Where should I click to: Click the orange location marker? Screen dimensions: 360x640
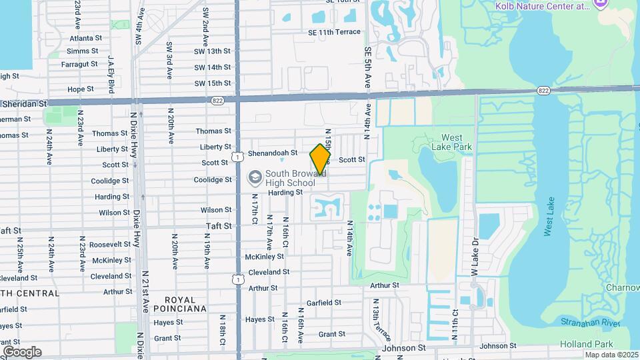pyautogui.click(x=320, y=159)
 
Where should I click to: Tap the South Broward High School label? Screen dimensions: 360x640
pyautogui.click(x=290, y=178)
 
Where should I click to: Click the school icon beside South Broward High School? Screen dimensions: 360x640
pyautogui.click(x=254, y=177)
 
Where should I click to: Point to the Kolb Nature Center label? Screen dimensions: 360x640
pyautogui.click(x=542, y=5)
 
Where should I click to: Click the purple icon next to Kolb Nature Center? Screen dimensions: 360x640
pyautogui.click(x=601, y=5)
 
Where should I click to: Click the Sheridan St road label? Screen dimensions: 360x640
pyautogui.click(x=25, y=104)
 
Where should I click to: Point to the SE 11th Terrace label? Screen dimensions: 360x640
pyautogui.click(x=334, y=32)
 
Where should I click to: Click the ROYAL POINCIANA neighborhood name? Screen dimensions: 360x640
pyautogui.click(x=180, y=304)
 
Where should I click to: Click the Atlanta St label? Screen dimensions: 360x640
pyautogui.click(x=85, y=39)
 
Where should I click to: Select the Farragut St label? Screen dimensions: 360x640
pyautogui.click(x=79, y=65)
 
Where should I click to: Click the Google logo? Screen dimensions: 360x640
pyautogui.click(x=22, y=351)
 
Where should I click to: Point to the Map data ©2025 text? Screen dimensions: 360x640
pyautogui.click(x=611, y=355)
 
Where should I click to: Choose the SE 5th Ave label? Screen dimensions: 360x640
pyautogui.click(x=367, y=68)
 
